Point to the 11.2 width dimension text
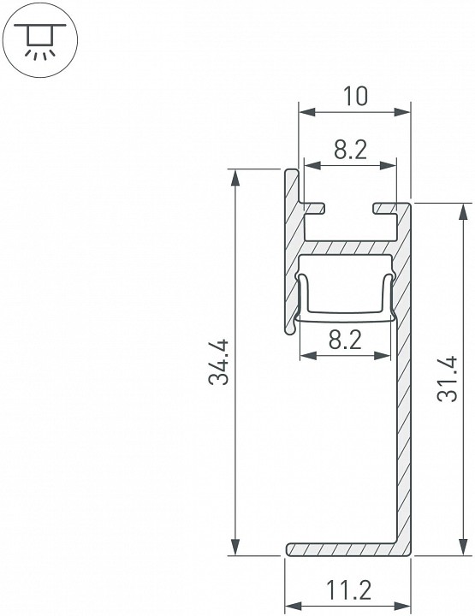(348, 589)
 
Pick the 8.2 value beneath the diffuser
(344, 340)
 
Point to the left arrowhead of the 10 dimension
(305, 112)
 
